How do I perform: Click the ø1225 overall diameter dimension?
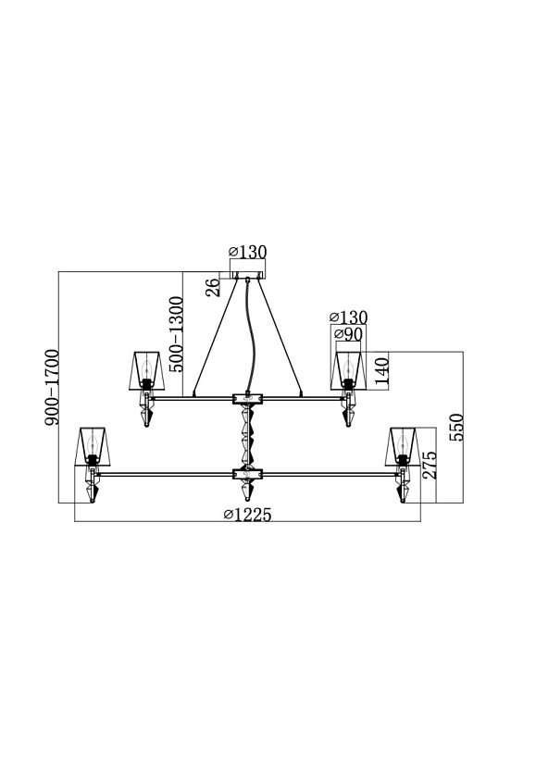point(247,515)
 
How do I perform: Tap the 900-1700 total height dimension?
point(52,387)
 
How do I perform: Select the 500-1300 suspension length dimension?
point(177,333)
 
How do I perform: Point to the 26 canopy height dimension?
point(213,287)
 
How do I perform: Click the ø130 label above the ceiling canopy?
point(247,252)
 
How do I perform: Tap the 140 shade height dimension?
point(381,371)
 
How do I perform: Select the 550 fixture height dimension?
point(456,427)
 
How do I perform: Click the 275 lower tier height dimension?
point(429,466)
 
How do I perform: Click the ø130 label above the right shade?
point(349,317)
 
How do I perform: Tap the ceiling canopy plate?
point(247,276)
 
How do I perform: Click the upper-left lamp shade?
point(146,371)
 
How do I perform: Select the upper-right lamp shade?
point(348,371)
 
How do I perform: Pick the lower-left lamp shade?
point(93,447)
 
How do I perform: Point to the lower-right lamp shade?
point(403,447)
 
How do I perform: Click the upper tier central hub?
point(247,398)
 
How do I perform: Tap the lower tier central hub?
point(247,474)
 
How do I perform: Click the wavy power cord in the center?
point(250,335)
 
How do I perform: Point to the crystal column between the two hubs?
point(247,436)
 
